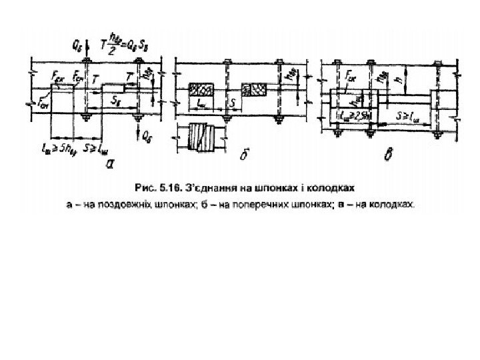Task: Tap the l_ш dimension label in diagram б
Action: click(202, 105)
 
